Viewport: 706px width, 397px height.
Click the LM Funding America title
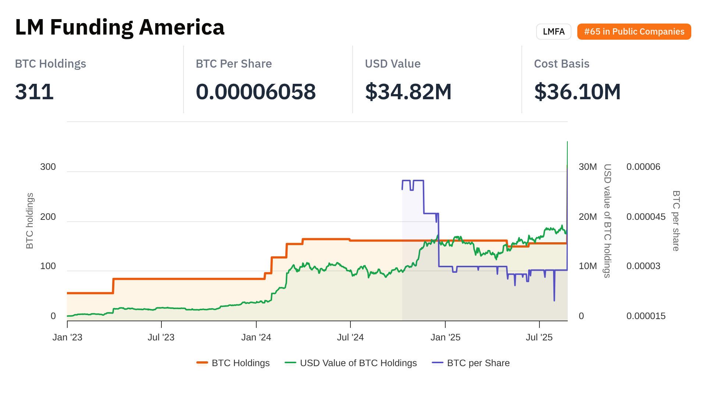[120, 28]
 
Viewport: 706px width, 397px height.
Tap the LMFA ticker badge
[553, 32]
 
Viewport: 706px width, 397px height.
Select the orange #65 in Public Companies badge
[634, 32]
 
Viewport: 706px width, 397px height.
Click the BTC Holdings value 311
[34, 92]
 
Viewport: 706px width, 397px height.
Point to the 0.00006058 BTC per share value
[256, 92]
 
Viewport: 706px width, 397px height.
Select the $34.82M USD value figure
[408, 92]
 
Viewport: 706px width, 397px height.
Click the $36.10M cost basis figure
[577, 92]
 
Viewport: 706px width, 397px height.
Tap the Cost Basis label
[561, 64]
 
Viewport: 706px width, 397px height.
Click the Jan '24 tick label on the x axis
[256, 337]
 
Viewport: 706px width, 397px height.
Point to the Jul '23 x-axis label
[161, 337]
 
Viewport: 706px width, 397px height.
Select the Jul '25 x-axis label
[539, 337]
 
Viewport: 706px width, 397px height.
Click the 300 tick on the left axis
[48, 167]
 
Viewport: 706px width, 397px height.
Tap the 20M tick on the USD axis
[588, 217]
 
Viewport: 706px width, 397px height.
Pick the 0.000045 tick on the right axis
[646, 217]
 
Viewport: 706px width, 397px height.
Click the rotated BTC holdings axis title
[30, 221]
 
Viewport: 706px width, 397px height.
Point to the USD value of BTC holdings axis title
[607, 221]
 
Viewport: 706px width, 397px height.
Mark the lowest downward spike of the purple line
[554, 300]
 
